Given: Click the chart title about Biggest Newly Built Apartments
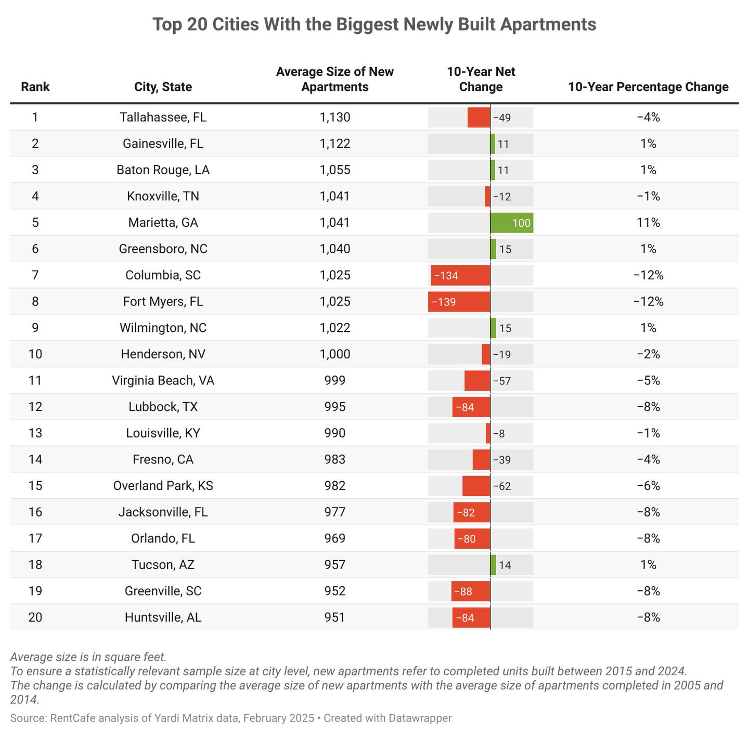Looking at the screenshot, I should tap(374, 24).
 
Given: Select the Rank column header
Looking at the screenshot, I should tap(35, 87).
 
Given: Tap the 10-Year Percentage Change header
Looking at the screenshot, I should tap(648, 87).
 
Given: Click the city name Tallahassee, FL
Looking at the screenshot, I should tap(163, 118).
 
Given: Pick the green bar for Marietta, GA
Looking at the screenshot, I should tap(511, 223).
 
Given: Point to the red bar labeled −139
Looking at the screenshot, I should tap(459, 302).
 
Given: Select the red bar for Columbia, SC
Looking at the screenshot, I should tap(460, 275).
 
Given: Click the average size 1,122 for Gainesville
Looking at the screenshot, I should tap(335, 144).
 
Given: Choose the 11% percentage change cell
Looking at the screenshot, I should tap(648, 223).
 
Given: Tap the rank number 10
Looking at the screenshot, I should tap(35, 354).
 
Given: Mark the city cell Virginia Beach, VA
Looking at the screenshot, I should tap(163, 381).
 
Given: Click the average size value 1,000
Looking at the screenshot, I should tap(335, 354).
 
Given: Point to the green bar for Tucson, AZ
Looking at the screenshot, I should tap(493, 565).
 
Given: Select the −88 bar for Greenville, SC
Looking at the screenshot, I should tap(471, 591).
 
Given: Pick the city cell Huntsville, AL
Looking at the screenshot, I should tap(163, 617).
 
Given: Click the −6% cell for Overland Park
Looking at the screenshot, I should tap(648, 486).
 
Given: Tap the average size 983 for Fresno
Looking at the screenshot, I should tap(335, 459).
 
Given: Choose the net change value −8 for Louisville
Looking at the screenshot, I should tap(499, 433).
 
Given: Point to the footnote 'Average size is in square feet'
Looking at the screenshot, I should tap(88, 657).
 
